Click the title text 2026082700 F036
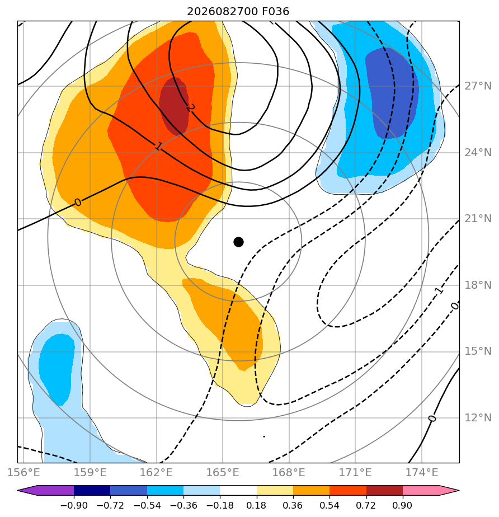click(x=238, y=12)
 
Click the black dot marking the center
click(x=238, y=242)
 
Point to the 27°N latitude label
click(x=478, y=86)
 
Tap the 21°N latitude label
click(x=478, y=219)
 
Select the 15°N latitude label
click(x=478, y=351)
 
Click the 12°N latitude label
click(x=478, y=418)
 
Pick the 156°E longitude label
click(x=23, y=472)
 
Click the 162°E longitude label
click(x=156, y=472)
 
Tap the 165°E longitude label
click(x=223, y=472)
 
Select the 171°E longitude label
click(x=355, y=472)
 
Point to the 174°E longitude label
click(x=422, y=472)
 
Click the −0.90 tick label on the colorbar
click(x=74, y=505)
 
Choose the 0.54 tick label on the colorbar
click(x=329, y=505)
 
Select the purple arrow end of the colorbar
click(x=27, y=490)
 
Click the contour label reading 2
click(x=191, y=107)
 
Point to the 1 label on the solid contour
click(x=158, y=147)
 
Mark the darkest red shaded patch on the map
click(x=174, y=106)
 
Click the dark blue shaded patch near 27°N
click(x=392, y=93)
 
